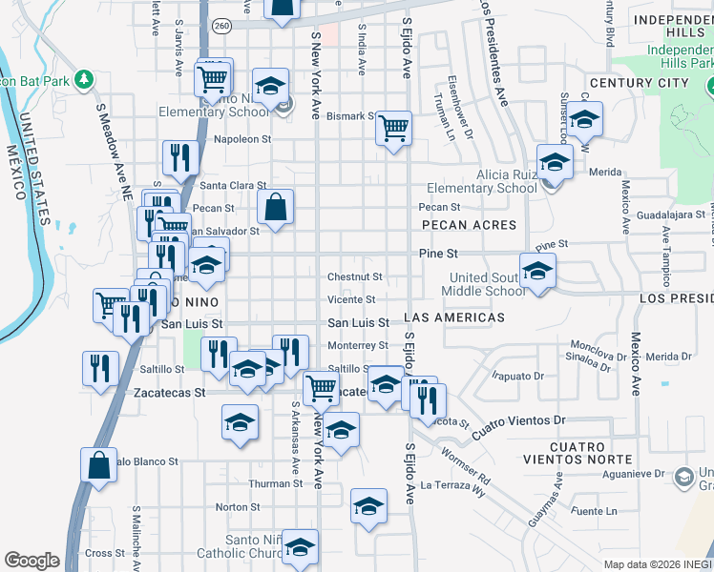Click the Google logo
click(31, 561)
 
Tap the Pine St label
click(439, 254)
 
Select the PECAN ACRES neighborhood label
click(467, 226)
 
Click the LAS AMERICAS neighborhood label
click(454, 317)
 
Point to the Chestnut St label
click(355, 277)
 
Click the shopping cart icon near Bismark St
click(393, 127)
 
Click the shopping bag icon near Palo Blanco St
click(98, 464)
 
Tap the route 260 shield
click(222, 25)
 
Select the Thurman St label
click(276, 484)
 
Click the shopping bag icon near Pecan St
click(275, 206)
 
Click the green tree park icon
click(85, 77)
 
